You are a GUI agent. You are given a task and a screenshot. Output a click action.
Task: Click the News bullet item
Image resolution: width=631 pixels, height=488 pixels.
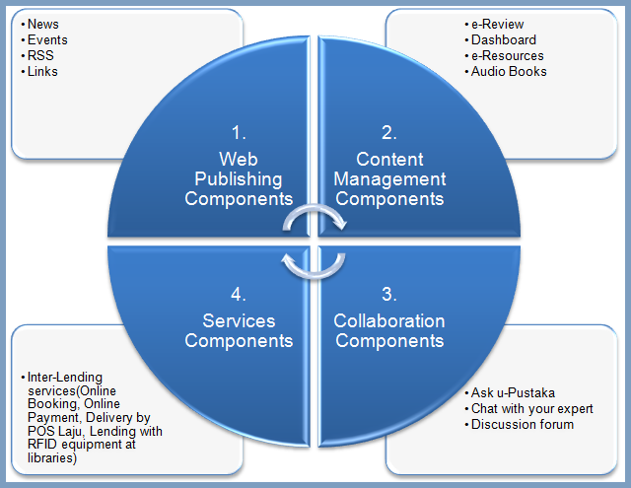point(43,24)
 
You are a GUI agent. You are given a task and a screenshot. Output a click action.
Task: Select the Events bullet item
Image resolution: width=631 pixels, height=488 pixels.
point(47,39)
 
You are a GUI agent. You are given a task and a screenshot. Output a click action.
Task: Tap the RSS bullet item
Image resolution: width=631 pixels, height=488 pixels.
point(41,55)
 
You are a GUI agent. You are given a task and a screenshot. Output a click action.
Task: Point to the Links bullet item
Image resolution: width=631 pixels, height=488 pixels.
point(43,71)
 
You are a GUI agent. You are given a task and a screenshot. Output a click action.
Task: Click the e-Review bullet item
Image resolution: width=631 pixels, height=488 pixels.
point(497,24)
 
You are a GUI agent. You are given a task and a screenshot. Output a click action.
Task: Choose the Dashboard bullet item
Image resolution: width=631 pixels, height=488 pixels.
point(503,39)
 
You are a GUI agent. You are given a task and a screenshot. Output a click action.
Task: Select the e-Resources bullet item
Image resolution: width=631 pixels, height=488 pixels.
point(507,55)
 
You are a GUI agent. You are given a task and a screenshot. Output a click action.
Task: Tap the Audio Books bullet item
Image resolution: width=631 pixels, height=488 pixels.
point(509,71)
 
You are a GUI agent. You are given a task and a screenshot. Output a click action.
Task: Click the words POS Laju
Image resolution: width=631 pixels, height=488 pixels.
point(47,418)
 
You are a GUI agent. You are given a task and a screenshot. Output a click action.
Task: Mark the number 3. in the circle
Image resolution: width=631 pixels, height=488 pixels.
point(389,293)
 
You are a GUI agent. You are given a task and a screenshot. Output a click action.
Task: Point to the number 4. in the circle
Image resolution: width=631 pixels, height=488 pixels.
point(239,293)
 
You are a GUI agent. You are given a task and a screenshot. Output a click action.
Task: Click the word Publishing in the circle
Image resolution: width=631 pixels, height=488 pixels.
point(239,178)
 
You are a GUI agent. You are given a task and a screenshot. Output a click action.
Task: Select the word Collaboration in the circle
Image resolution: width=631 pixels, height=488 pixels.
point(389,321)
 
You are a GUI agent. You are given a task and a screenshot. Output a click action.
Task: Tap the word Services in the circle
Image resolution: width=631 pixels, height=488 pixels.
point(239,321)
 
